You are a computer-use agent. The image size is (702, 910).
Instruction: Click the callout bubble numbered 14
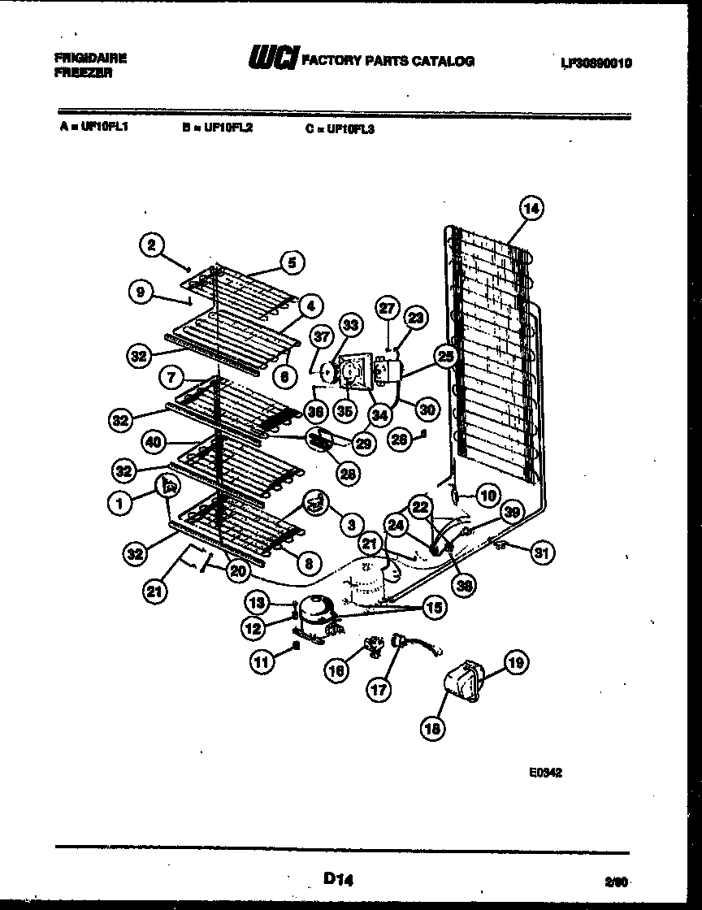(531, 208)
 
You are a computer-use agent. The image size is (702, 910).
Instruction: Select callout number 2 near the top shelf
(151, 242)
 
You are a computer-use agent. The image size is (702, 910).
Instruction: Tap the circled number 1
(119, 505)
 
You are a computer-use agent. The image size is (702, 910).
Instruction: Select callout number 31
(539, 552)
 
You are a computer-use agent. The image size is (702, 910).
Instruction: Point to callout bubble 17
(379, 692)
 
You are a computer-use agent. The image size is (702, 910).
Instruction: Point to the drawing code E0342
(545, 773)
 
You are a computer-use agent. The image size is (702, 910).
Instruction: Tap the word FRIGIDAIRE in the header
(90, 58)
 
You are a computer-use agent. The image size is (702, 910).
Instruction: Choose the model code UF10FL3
(350, 128)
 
